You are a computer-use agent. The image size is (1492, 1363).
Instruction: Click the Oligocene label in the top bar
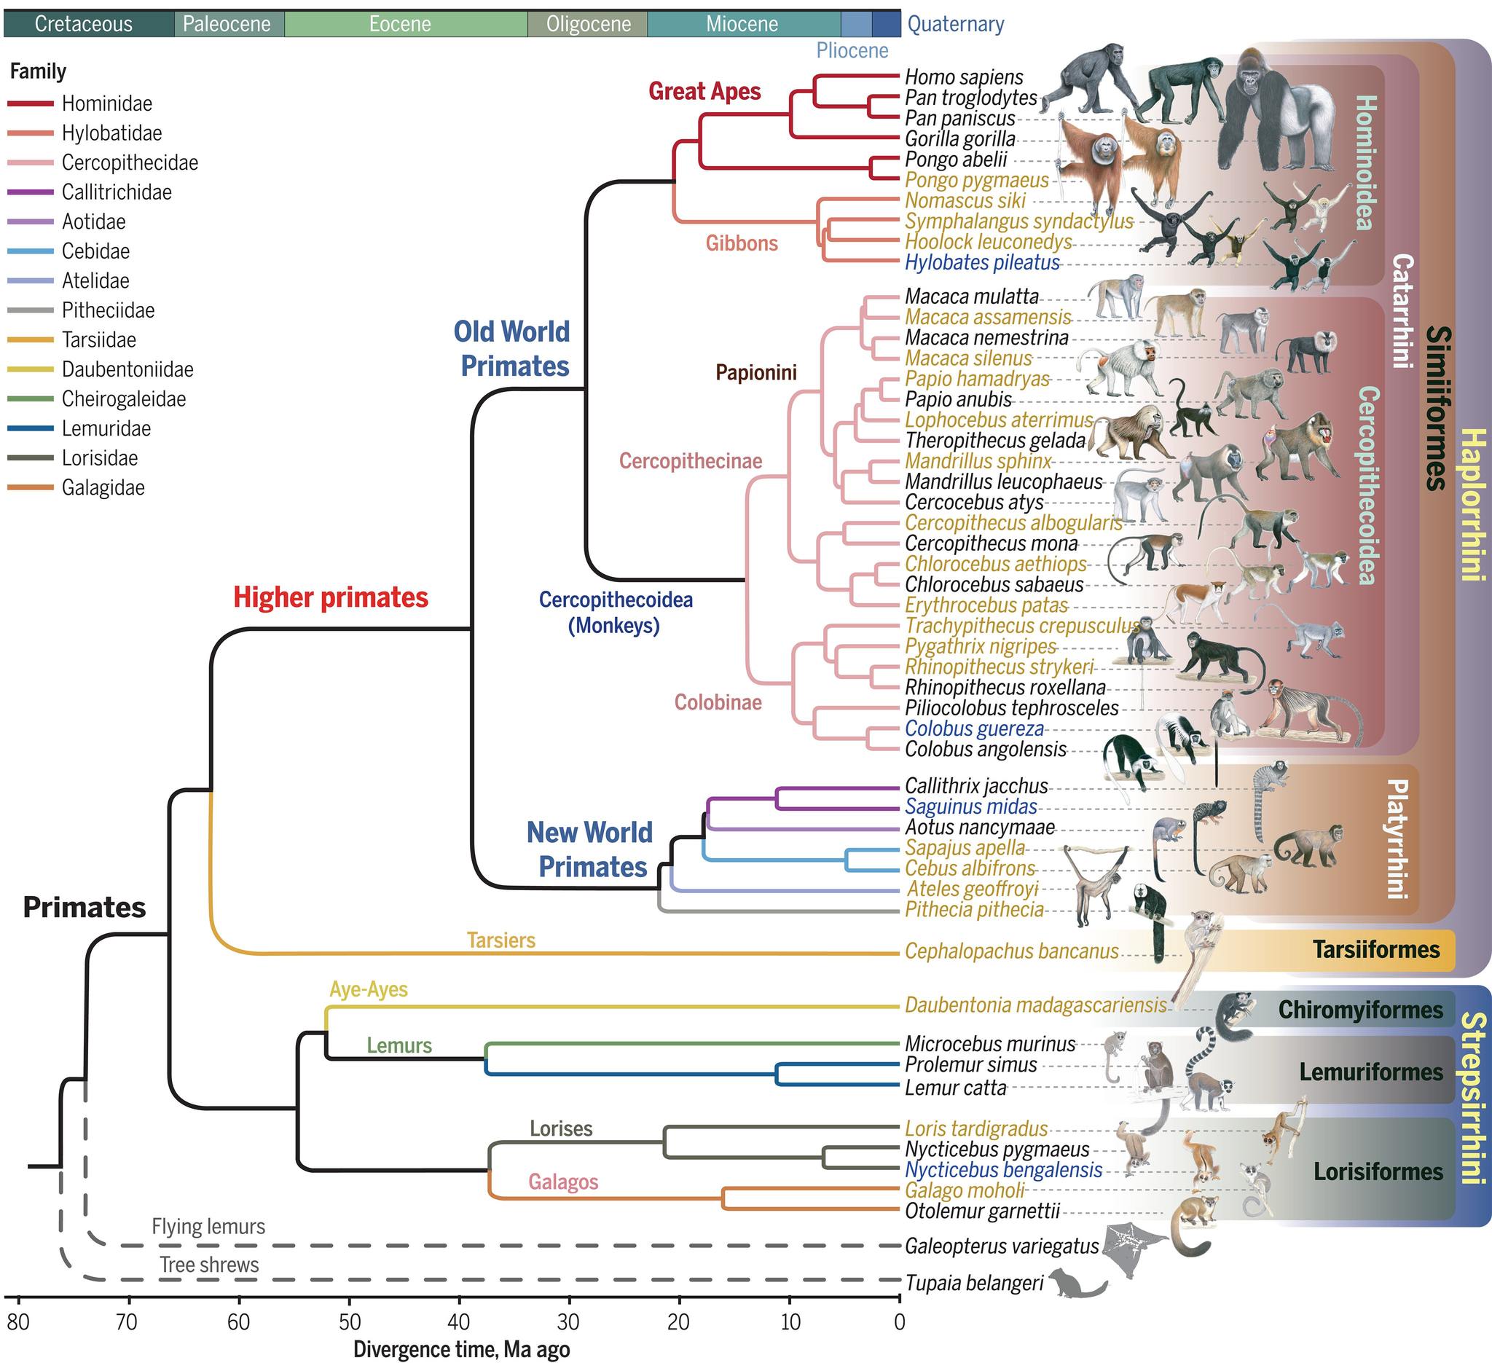(589, 25)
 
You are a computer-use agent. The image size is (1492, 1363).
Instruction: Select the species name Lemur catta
(955, 1088)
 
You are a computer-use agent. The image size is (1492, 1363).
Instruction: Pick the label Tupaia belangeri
(975, 1283)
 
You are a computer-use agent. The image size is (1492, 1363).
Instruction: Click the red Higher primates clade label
(331, 598)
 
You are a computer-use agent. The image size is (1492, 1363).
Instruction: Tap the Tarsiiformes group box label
(1377, 950)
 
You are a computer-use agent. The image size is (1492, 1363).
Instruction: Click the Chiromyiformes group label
(1360, 1010)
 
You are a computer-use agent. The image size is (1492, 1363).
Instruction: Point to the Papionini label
(755, 372)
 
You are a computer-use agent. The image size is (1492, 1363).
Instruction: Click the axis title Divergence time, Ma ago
(461, 1350)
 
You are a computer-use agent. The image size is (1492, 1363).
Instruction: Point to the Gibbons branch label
(742, 243)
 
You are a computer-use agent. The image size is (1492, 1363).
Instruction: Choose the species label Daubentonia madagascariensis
(1035, 1005)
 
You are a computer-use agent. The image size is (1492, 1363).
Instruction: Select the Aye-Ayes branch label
(369, 989)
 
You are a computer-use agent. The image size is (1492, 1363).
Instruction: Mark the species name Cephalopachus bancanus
(1012, 951)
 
